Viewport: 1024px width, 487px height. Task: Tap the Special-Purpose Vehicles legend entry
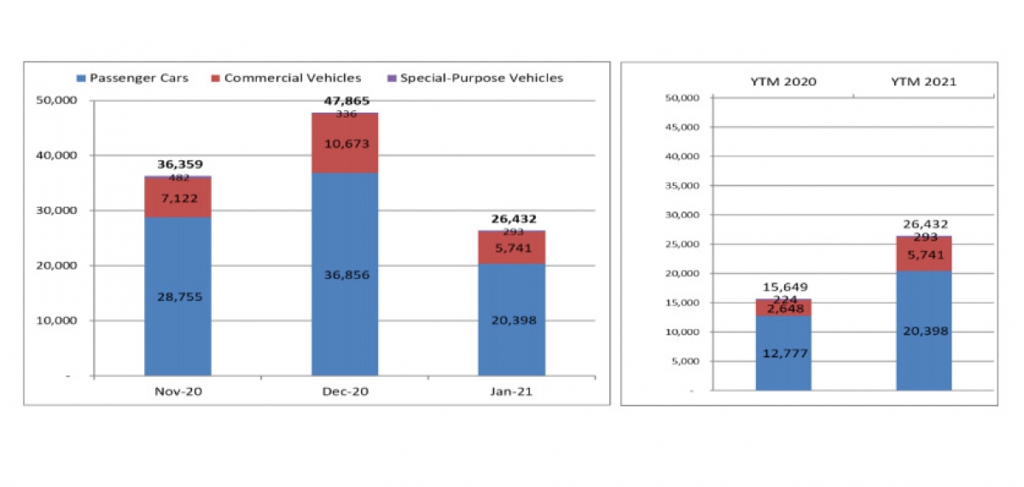[x=475, y=78]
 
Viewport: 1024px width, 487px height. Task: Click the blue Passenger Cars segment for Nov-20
[x=177, y=296]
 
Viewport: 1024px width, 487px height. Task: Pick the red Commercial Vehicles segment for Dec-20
[x=345, y=143]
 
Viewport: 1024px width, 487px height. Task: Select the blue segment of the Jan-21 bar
[x=511, y=320]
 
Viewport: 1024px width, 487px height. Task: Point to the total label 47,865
[x=346, y=101]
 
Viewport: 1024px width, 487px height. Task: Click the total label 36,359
[x=180, y=164]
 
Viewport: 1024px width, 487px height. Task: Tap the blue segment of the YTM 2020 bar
[x=783, y=353]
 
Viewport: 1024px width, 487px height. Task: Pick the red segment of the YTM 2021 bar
[x=923, y=254]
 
